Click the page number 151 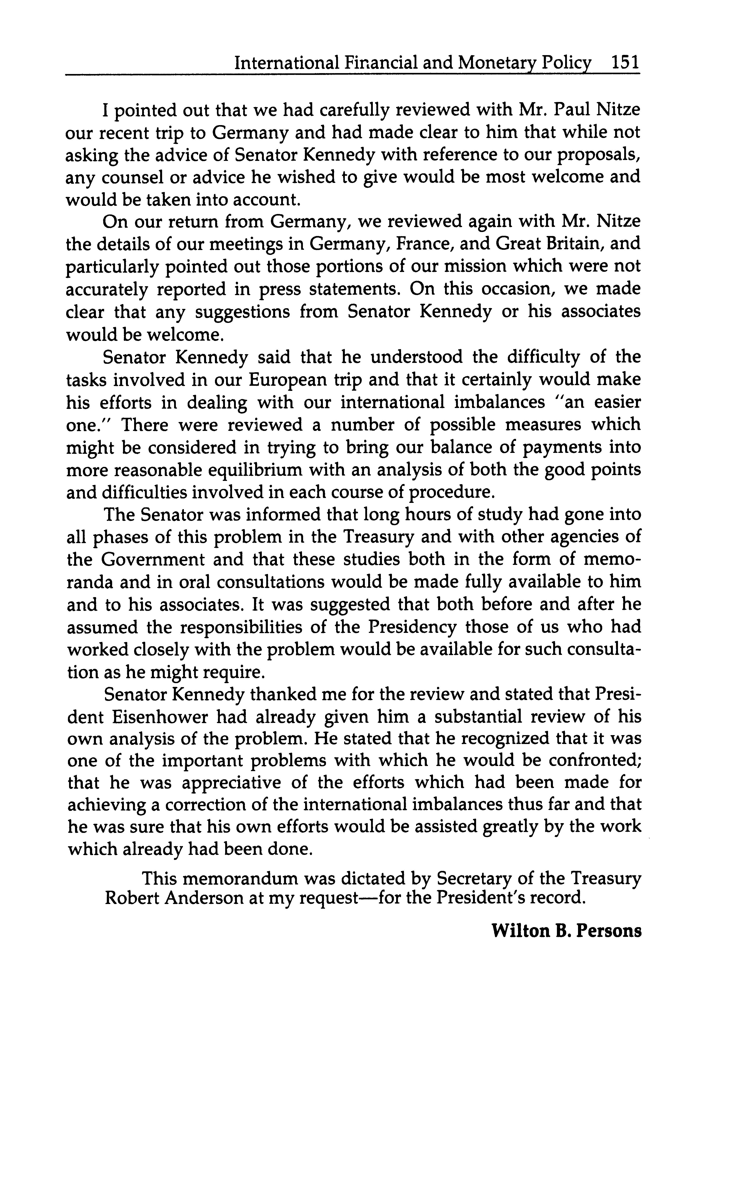click(x=625, y=63)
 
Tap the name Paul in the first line click(x=574, y=110)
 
